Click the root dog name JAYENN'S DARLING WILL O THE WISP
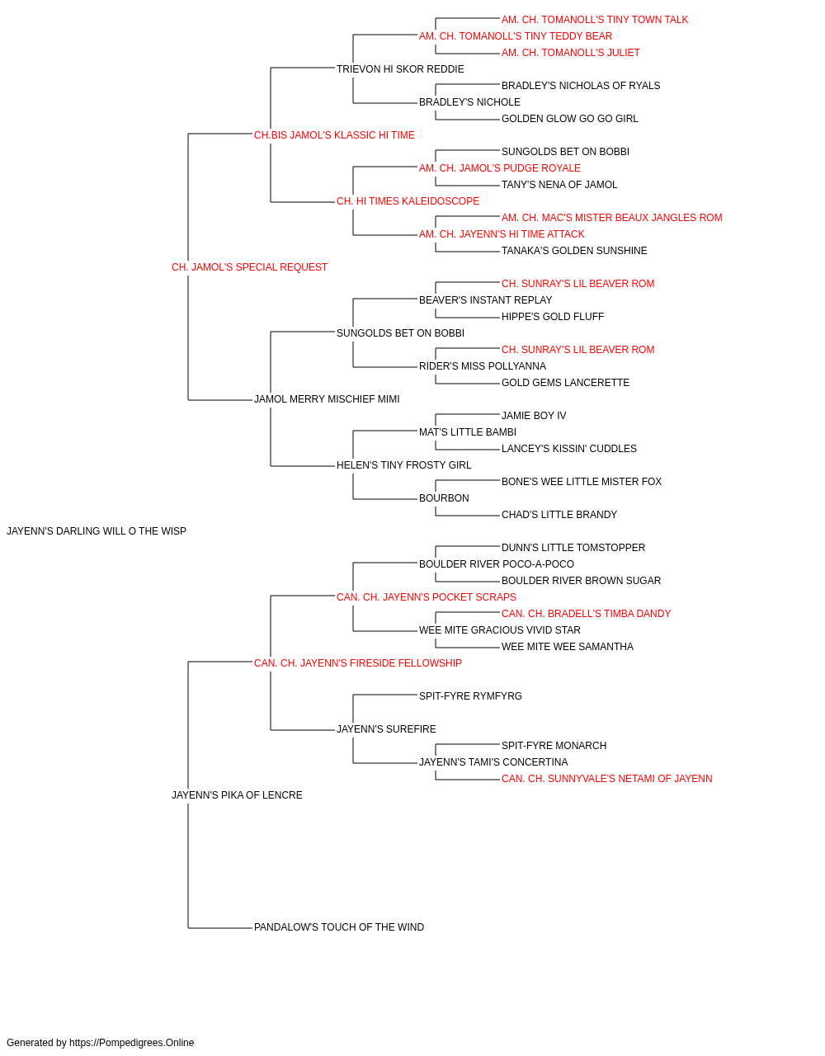pyautogui.click(x=97, y=531)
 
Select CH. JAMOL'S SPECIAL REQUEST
pyautogui.click(x=249, y=267)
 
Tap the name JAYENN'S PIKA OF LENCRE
pyautogui.click(x=237, y=795)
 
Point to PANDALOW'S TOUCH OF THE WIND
pyautogui.click(x=338, y=927)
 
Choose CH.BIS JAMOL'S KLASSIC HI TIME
pyautogui.click(x=334, y=135)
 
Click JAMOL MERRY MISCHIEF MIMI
pyautogui.click(x=327, y=399)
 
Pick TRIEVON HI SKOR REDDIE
pyautogui.click(x=400, y=69)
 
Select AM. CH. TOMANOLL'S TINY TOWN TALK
pyautogui.click(x=595, y=20)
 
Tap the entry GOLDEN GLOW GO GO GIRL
pyautogui.click(x=569, y=119)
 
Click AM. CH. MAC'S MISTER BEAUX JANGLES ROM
pyautogui.click(x=611, y=218)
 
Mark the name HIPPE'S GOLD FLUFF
pyautogui.click(x=553, y=317)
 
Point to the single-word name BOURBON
pyautogui.click(x=444, y=498)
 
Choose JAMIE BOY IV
pyautogui.click(x=534, y=416)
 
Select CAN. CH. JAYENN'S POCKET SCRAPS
pyautogui.click(x=426, y=597)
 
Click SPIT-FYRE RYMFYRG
pyautogui.click(x=470, y=696)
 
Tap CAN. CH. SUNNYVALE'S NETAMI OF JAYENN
pyautogui.click(x=607, y=779)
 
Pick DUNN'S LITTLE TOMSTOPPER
pyautogui.click(x=573, y=548)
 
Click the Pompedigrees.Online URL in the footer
pyautogui.click(x=131, y=1043)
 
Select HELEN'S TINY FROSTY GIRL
pyautogui.click(x=403, y=465)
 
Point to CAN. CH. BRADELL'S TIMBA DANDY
pyautogui.click(x=586, y=614)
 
